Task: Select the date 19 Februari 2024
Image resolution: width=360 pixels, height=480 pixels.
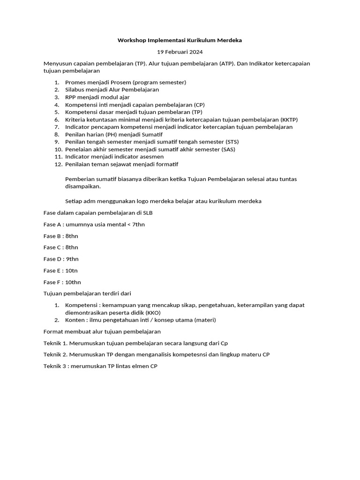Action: [180, 52]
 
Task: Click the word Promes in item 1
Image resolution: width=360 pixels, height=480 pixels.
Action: [75, 82]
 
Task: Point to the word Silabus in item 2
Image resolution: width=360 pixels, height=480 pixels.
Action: [75, 90]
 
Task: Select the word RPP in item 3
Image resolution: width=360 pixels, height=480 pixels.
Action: [71, 97]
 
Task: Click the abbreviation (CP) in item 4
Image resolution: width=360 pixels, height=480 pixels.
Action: [199, 105]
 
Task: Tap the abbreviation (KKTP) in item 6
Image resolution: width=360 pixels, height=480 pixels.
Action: [289, 120]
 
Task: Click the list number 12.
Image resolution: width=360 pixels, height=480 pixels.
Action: [58, 164]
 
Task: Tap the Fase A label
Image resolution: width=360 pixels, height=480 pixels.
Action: [53, 224]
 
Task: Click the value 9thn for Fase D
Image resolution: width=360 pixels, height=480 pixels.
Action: [72, 259]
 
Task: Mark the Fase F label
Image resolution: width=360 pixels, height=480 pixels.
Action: [52, 282]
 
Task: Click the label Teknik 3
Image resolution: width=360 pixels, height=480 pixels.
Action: [55, 366]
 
